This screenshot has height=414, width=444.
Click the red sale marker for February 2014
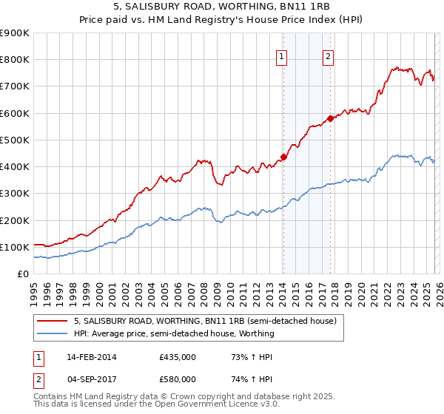(x=283, y=157)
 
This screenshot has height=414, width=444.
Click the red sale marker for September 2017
(x=330, y=118)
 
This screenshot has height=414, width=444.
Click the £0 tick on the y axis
(x=23, y=274)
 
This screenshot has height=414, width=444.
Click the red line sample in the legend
(x=53, y=322)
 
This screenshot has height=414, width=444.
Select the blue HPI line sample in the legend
(x=53, y=333)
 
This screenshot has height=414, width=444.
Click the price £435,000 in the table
(x=178, y=357)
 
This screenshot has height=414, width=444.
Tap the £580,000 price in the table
(x=178, y=379)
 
